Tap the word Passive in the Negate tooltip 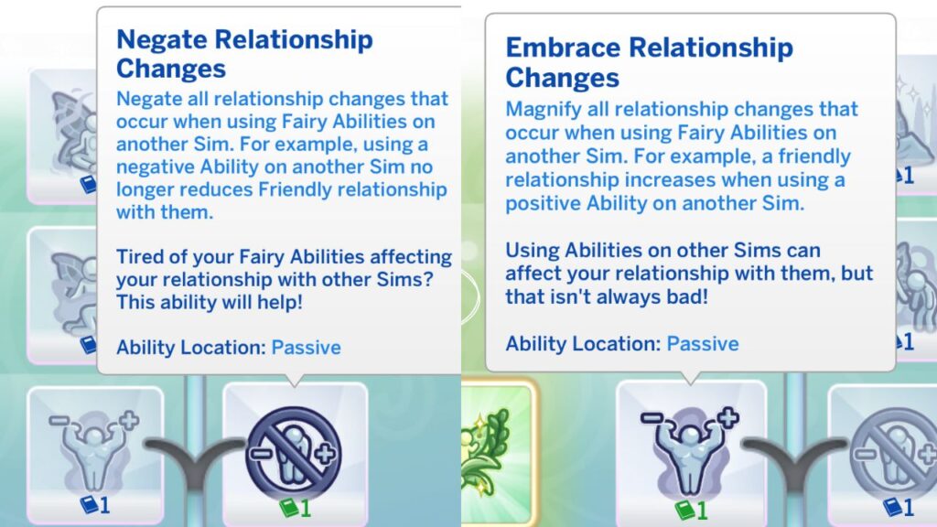pos(306,348)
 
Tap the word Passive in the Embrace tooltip pos(703,344)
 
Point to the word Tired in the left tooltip pos(142,257)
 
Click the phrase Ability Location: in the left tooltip pos(191,348)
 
